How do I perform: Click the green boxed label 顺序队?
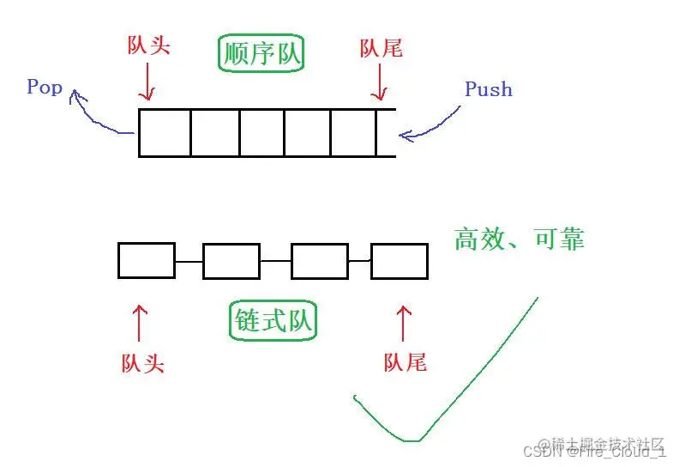click(262, 54)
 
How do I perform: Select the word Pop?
click(45, 87)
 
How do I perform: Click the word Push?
click(488, 88)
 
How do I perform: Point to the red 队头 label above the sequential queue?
click(148, 45)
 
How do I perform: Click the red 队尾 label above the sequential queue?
click(381, 48)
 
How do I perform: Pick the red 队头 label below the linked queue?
click(142, 363)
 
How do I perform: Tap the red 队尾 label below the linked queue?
click(405, 361)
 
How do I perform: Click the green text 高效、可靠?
click(520, 240)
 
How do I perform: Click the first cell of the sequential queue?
click(165, 132)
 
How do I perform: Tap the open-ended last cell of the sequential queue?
click(386, 132)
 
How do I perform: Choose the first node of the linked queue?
click(147, 260)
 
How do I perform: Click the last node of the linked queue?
click(399, 260)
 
